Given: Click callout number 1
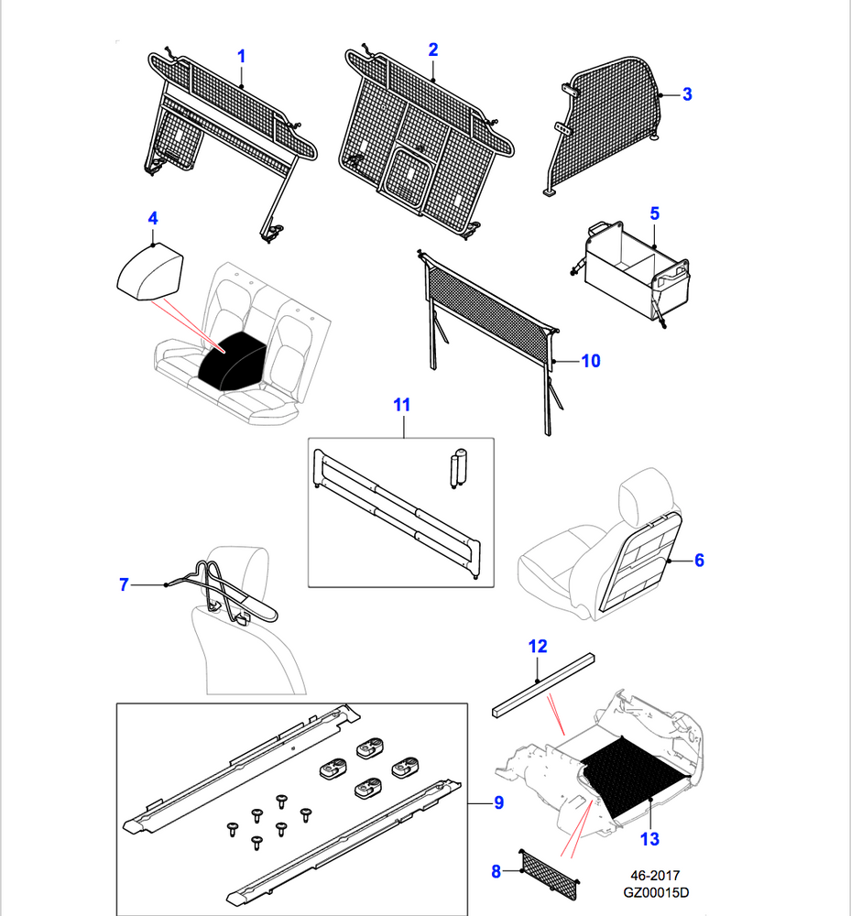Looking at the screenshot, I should pyautogui.click(x=241, y=56).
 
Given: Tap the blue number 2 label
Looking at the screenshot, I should pyautogui.click(x=433, y=49).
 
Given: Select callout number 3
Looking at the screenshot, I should pyautogui.click(x=687, y=95).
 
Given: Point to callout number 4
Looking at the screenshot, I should pyautogui.click(x=153, y=218).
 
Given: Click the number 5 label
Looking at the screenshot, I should pyautogui.click(x=655, y=213).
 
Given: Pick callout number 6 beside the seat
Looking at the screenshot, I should pyautogui.click(x=699, y=560).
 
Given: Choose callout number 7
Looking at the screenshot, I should pyautogui.click(x=125, y=583).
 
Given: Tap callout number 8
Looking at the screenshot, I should pyautogui.click(x=496, y=871).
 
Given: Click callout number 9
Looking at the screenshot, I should pyautogui.click(x=498, y=803).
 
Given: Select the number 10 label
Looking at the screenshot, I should pyautogui.click(x=591, y=361).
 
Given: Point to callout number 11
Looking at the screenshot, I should pyautogui.click(x=403, y=404).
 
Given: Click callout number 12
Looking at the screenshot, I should pyautogui.click(x=537, y=647).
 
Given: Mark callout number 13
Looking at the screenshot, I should pyautogui.click(x=649, y=838).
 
